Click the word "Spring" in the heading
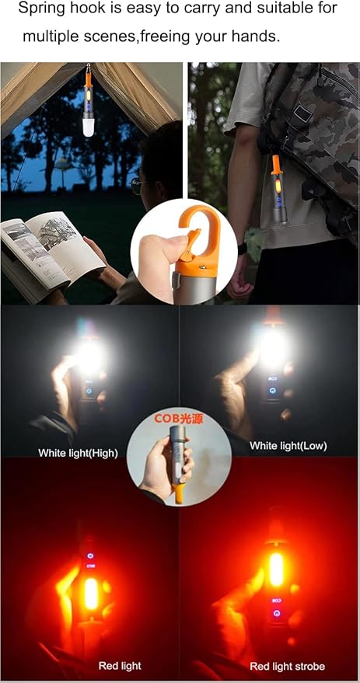click(39, 9)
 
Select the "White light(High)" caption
click(78, 452)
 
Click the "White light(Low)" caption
click(288, 446)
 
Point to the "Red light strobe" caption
click(287, 666)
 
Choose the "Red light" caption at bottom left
click(119, 666)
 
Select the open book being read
click(51, 253)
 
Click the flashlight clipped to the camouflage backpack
click(277, 190)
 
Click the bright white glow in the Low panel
click(272, 347)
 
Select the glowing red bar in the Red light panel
click(90, 594)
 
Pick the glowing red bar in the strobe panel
click(275, 569)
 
